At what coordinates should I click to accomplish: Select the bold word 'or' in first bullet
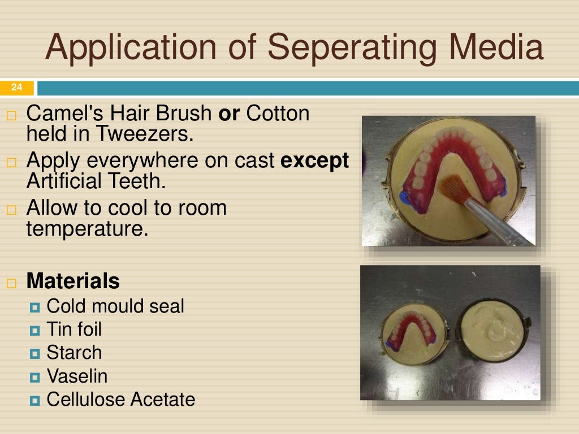coord(230,114)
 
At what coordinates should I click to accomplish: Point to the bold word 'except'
coord(314,161)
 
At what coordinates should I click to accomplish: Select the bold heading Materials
coord(73,281)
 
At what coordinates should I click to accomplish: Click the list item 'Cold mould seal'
coord(115,306)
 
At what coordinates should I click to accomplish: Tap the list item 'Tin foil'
coord(74,329)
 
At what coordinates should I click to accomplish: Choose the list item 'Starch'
coord(74,353)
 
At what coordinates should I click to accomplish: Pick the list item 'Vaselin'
coord(77,376)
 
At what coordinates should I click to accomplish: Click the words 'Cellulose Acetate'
coord(120,400)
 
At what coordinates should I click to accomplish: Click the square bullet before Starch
coord(36,354)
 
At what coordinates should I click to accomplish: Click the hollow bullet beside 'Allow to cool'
coord(12,210)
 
